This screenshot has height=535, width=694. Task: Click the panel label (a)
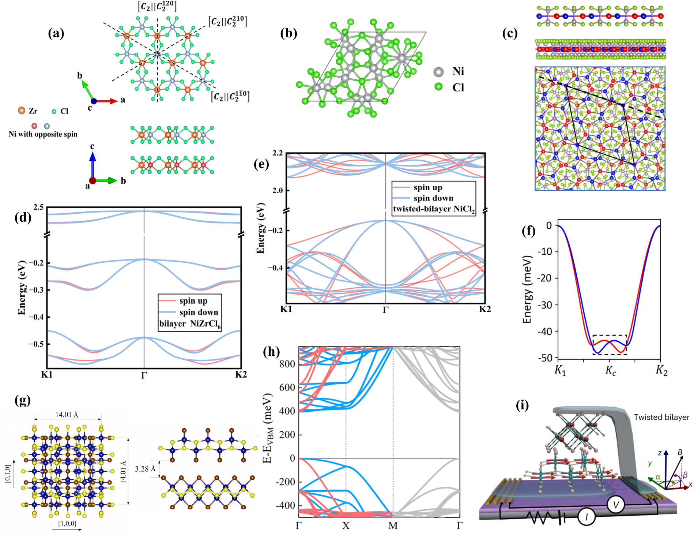click(x=56, y=34)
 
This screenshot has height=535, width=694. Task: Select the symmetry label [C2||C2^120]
click(x=157, y=6)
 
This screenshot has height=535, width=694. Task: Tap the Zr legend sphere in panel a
click(x=22, y=111)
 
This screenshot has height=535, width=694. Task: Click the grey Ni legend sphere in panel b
click(x=438, y=72)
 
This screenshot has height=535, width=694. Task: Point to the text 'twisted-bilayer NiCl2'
click(x=434, y=209)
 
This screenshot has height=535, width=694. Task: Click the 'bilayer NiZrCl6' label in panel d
click(x=190, y=324)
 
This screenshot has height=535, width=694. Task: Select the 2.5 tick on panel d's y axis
click(x=38, y=207)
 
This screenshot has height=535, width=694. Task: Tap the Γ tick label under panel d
click(x=144, y=375)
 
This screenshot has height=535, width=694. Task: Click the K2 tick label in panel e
click(x=485, y=309)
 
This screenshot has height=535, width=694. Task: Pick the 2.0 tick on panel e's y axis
click(x=278, y=191)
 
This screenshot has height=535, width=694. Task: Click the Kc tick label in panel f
click(x=611, y=371)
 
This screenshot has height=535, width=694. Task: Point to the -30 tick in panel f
click(x=545, y=305)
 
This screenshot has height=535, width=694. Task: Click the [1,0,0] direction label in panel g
click(x=67, y=524)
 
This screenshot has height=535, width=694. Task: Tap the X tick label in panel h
click(x=346, y=526)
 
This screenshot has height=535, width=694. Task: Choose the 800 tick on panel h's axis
click(x=287, y=364)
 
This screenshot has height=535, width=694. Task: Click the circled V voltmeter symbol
click(x=616, y=505)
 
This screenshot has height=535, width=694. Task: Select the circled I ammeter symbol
click(x=587, y=517)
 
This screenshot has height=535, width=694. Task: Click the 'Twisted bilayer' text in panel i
click(x=661, y=417)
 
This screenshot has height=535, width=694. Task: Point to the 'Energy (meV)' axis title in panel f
click(x=527, y=289)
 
